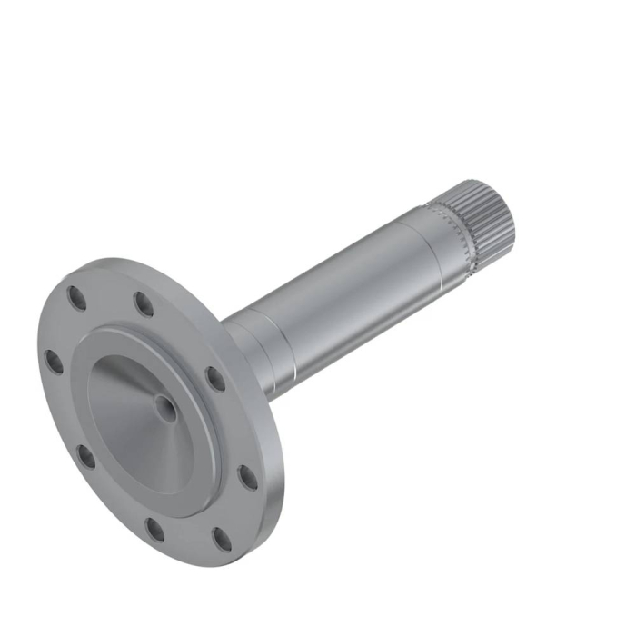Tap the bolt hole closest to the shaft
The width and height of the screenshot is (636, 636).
pos(215,378)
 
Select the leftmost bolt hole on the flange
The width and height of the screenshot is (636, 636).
pos(55,362)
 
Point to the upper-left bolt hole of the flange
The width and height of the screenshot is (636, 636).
pos(76,298)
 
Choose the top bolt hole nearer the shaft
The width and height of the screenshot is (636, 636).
pos(144,303)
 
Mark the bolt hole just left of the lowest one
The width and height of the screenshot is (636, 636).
pos(155,529)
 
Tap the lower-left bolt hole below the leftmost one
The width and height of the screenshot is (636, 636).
pos(86,456)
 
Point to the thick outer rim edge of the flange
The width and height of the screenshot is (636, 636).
pos(273,509)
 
